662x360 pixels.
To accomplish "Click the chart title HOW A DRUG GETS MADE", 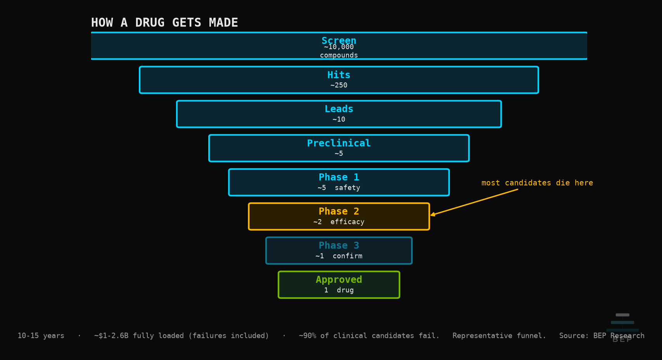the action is (164, 23).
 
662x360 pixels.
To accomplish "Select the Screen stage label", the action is (339, 40).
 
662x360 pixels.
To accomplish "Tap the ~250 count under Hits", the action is (339, 85).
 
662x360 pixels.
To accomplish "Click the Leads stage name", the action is (339, 109).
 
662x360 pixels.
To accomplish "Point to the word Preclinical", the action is (339, 143).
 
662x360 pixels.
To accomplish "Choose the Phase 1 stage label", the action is (339, 177).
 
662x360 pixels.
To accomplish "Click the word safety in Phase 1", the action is (347, 188).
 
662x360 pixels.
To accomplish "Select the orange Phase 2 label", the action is (339, 211).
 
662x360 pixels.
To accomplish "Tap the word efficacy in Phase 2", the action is (347, 222).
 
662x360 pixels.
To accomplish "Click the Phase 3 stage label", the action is (339, 245).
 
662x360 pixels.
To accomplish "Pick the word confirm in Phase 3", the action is (347, 256).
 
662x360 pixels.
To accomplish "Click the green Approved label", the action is (339, 280).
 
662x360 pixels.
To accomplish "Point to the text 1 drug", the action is (339, 290).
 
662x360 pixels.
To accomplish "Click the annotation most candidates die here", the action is (537, 183).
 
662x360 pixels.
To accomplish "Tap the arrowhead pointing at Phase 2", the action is (432, 215).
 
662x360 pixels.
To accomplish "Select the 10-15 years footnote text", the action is (41, 336).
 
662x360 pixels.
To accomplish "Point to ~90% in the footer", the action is (308, 336).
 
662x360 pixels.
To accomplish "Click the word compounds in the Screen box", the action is (339, 55).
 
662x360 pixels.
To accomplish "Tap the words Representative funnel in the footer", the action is (499, 336).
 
